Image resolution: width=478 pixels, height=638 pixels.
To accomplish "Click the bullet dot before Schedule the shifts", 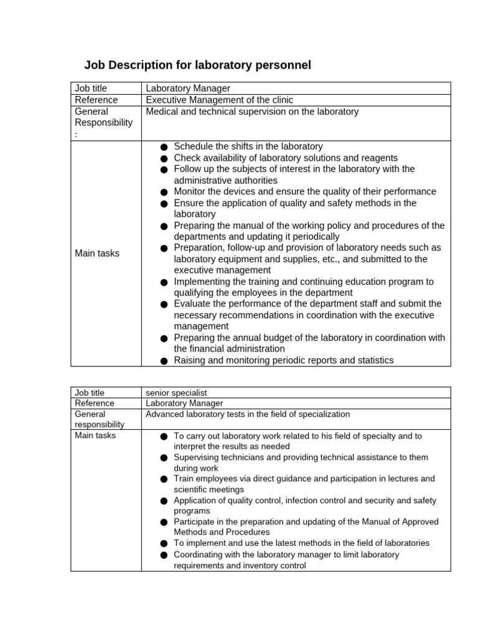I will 164,147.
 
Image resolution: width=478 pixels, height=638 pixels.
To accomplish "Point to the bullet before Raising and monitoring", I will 164,361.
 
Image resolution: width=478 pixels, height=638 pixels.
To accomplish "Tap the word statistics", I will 373,360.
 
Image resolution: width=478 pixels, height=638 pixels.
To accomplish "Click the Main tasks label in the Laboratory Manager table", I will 97,253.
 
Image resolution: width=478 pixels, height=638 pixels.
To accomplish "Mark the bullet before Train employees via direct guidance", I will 164,479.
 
